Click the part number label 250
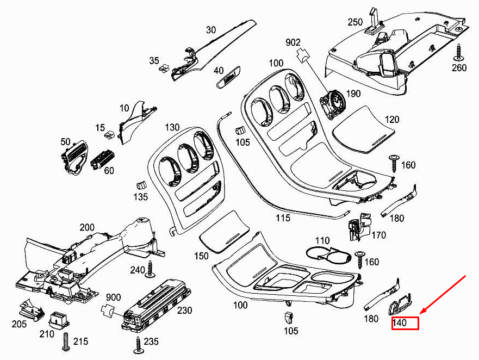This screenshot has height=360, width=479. pos(355,22)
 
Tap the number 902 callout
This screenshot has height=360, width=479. pos(293,42)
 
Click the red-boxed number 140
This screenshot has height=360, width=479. pos(405,323)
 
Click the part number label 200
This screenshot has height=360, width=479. pos(87,227)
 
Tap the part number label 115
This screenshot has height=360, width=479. pos(283,218)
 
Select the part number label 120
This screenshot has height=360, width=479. pos(391,120)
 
